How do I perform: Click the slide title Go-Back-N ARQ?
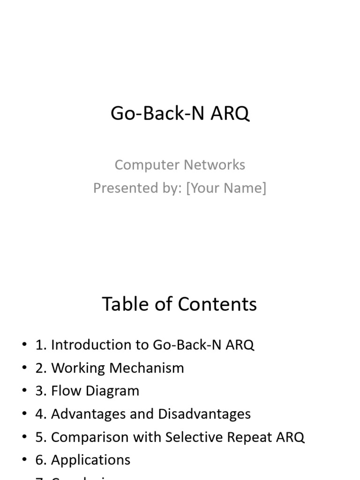click(x=180, y=113)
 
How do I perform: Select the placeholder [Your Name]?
click(x=226, y=188)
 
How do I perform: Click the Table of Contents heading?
click(x=180, y=304)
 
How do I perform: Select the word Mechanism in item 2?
click(x=147, y=368)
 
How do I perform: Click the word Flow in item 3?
click(x=64, y=391)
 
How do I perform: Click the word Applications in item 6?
click(x=90, y=460)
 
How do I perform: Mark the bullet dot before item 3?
click(x=24, y=391)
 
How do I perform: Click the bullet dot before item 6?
click(x=24, y=460)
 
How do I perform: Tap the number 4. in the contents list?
click(x=41, y=414)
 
